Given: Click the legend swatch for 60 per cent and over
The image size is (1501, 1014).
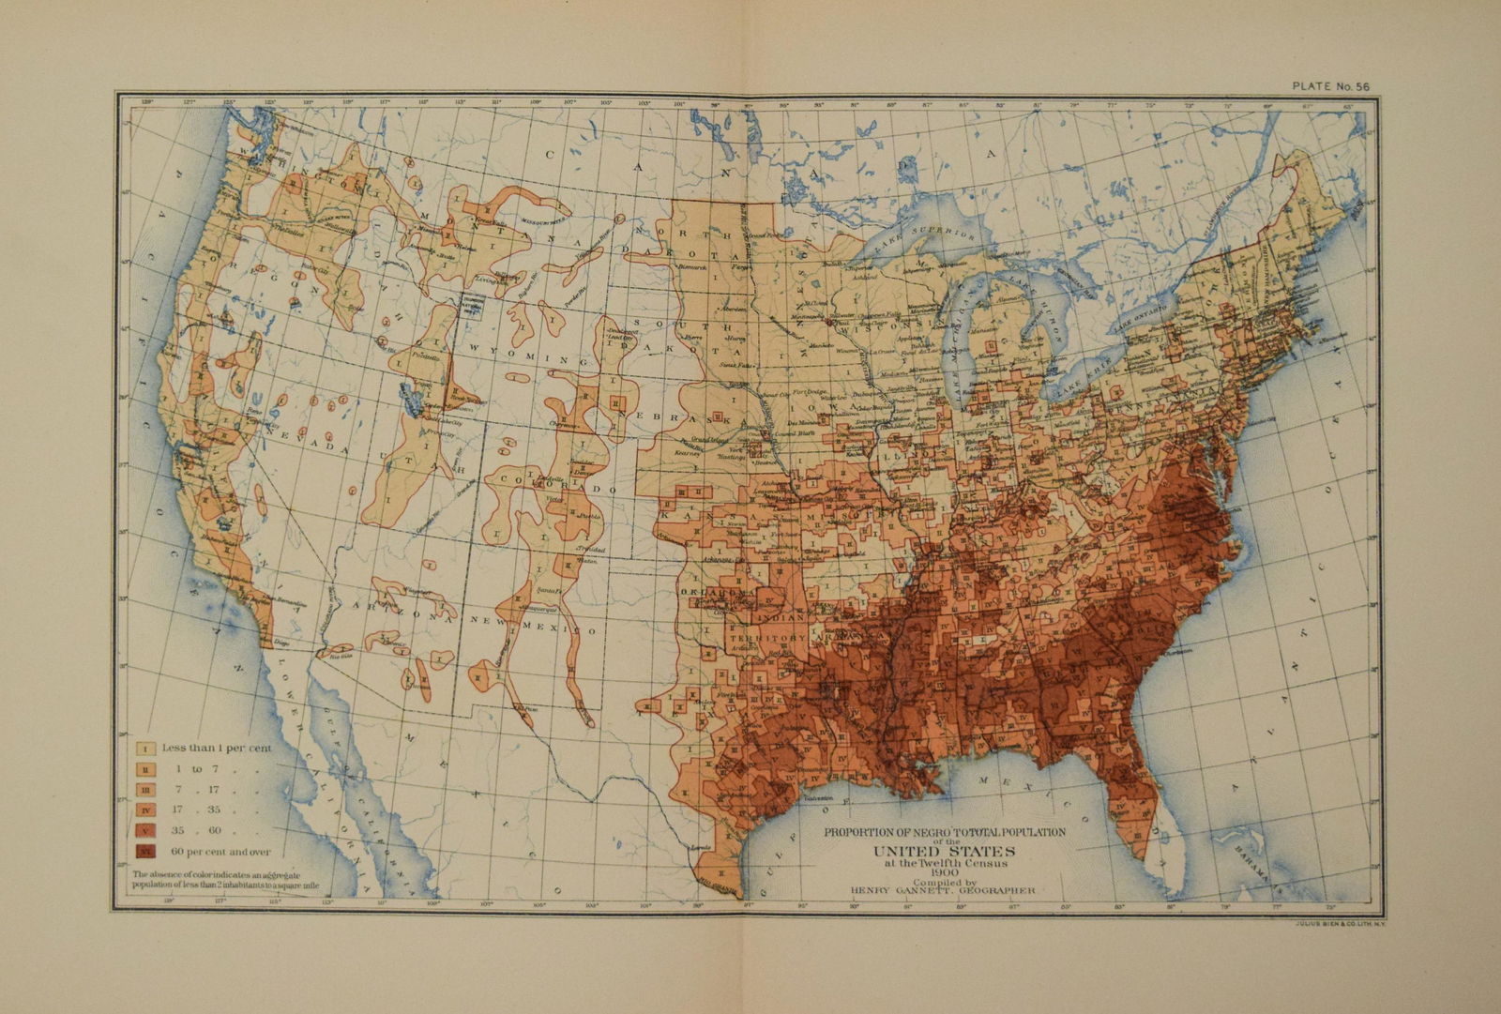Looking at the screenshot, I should [x=146, y=852].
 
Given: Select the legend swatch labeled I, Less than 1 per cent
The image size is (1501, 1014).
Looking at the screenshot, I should [x=146, y=748].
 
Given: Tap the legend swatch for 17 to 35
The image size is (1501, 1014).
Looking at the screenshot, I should [x=146, y=810].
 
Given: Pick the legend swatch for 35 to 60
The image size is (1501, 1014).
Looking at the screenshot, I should [x=146, y=831].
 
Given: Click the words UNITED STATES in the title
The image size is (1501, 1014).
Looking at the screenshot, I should [x=942, y=851].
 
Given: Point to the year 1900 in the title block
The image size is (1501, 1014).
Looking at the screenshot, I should [x=942, y=873].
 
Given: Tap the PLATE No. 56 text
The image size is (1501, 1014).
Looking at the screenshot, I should [x=1331, y=86].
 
